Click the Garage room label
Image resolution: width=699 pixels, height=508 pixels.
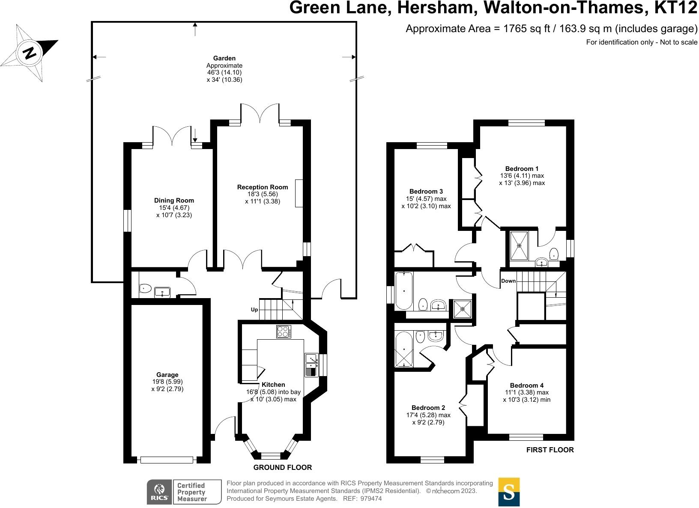167,375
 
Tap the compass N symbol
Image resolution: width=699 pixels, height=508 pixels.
30,53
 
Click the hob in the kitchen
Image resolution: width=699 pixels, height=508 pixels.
284,332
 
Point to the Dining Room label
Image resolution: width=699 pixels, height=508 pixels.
174,200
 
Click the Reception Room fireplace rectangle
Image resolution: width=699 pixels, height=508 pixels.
299,193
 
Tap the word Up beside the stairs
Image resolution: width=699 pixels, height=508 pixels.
254,310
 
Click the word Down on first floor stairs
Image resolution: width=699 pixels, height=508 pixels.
508,281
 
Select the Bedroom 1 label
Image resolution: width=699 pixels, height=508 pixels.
522,168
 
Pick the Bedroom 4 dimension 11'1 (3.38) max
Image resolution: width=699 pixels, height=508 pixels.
527,392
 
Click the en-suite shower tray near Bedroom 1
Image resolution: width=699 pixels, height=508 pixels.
520,245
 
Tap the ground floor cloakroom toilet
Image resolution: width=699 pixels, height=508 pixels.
145,288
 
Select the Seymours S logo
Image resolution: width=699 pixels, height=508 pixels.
509,492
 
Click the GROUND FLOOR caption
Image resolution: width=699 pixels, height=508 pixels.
283,467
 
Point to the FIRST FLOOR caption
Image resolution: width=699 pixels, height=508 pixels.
550,450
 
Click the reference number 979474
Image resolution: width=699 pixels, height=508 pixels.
371,499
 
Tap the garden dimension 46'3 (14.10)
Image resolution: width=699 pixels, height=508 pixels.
224,72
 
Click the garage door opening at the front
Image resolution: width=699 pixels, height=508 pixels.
167,460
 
